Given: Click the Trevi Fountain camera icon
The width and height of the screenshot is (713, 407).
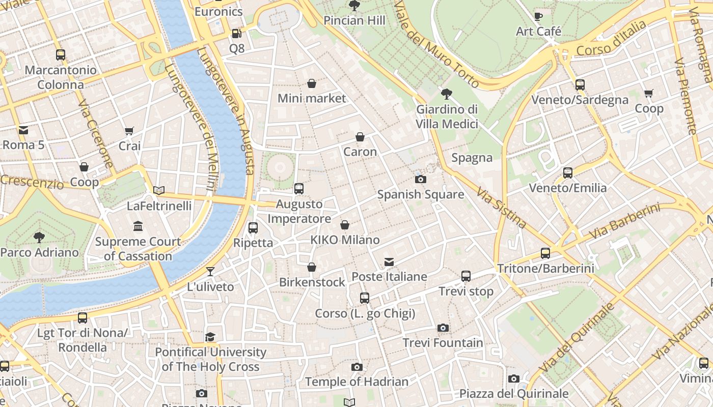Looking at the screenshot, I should click(443, 328).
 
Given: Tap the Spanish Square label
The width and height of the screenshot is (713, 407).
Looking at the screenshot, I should click(420, 194).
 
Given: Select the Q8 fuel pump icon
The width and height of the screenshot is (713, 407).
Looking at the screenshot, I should click(236, 34).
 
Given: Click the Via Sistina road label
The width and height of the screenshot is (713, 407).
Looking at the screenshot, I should click(502, 207).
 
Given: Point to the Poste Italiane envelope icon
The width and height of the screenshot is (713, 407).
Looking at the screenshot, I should click(389, 262).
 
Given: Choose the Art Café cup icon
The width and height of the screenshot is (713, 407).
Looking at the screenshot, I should click(538, 17).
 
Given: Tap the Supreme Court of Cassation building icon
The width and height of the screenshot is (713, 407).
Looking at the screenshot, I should click(138, 226).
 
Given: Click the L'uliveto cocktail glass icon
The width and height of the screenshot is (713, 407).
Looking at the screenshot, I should click(210, 272).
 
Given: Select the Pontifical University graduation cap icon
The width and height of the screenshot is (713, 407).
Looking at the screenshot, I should click(210, 337).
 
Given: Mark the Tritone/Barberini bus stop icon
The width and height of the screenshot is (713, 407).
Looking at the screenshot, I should click(545, 253).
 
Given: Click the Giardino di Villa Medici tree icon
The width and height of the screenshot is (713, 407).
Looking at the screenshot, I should click(447, 94).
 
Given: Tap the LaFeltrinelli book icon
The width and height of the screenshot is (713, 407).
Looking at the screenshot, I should click(159, 191).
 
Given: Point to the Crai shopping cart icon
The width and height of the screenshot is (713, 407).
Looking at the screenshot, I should click(129, 131).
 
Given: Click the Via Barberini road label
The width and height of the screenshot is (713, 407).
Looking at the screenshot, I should click(625, 221).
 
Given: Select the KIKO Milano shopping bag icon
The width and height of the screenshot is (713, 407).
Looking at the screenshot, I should click(345, 225).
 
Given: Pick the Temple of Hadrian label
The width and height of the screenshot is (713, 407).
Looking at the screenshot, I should click(356, 382).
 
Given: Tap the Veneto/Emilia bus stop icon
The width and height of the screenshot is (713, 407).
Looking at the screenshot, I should click(568, 173).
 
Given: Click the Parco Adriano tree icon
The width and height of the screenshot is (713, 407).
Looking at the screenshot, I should click(39, 237).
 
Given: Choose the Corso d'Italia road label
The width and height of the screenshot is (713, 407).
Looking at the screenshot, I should click(611, 39).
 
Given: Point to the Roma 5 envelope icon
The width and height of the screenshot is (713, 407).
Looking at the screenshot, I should click(23, 130).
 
